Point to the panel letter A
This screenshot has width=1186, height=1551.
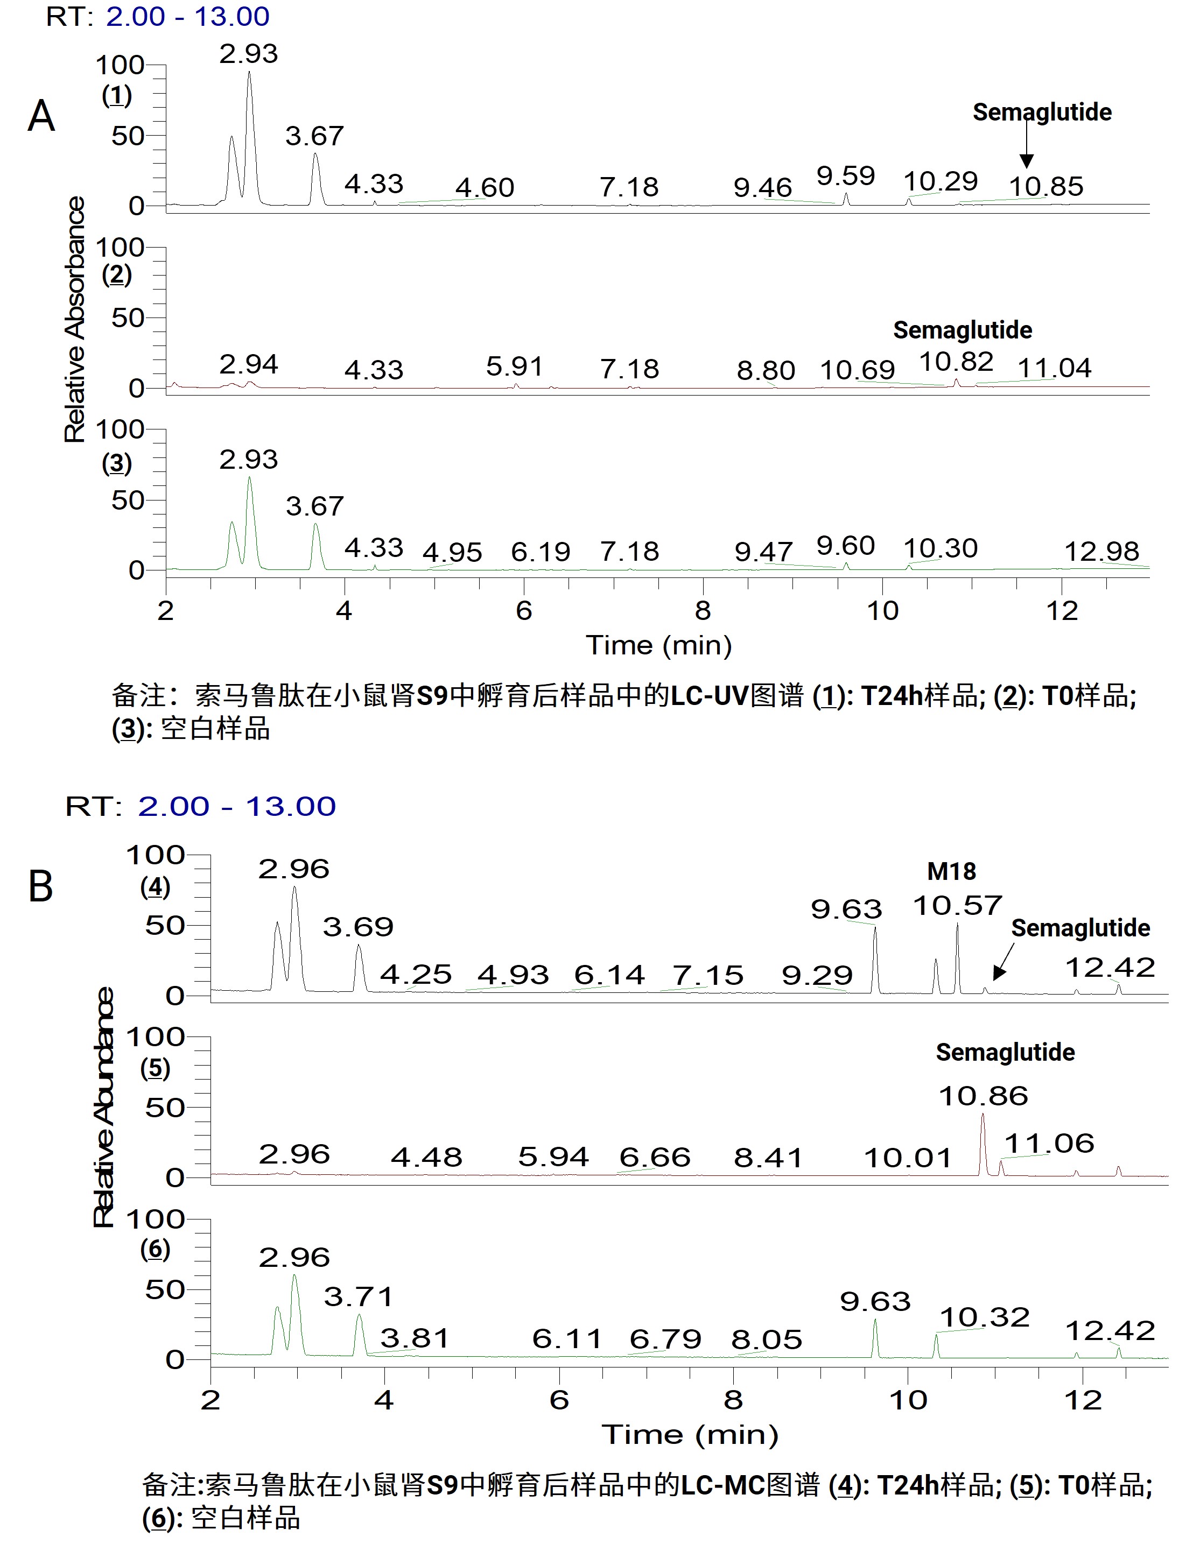click(41, 116)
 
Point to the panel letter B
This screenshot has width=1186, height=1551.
click(40, 886)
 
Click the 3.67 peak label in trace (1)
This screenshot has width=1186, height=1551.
click(314, 136)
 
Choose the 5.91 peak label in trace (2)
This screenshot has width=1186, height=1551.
click(515, 366)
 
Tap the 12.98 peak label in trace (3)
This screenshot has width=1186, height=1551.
click(1101, 551)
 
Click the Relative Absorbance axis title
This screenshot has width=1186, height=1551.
click(75, 320)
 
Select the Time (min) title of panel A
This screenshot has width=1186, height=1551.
click(658, 645)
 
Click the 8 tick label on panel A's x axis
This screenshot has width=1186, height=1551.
click(703, 610)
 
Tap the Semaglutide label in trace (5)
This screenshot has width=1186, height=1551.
click(1005, 1052)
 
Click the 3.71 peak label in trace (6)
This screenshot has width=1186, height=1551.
click(359, 1296)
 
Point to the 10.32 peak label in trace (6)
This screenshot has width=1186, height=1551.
click(985, 1317)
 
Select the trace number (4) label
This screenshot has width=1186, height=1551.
click(155, 887)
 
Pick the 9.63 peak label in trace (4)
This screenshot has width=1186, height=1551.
click(846, 909)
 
